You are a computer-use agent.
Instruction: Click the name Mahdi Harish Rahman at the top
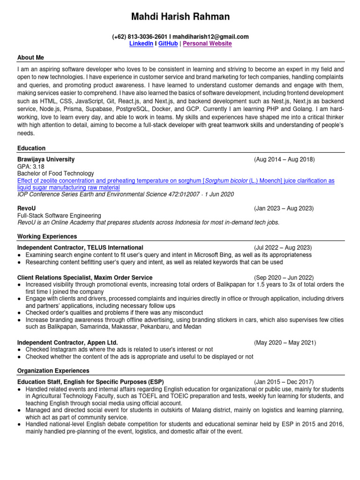[x=180, y=17]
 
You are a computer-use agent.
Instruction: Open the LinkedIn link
[x=141, y=44]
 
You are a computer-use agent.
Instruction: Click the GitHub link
[x=168, y=44]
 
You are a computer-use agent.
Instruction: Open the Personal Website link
[x=207, y=44]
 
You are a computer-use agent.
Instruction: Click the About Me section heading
[x=30, y=58]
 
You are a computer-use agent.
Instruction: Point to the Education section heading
[x=31, y=148]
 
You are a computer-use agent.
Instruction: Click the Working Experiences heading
[x=47, y=236]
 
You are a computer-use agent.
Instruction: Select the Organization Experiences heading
[x=53, y=371]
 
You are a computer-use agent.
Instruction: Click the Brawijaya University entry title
[x=45, y=159]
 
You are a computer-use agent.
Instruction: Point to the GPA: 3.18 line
[x=31, y=166]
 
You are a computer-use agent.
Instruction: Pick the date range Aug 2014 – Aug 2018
[x=285, y=159]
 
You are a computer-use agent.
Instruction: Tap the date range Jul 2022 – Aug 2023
[x=283, y=247]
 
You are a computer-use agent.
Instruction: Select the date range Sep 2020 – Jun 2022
[x=284, y=278]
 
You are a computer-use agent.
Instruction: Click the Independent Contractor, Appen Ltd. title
[x=67, y=343]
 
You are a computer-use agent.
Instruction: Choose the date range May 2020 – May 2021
[x=285, y=343]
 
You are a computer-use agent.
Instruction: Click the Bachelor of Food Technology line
[x=56, y=173]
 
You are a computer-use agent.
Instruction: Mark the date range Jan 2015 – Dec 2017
[x=284, y=382]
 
